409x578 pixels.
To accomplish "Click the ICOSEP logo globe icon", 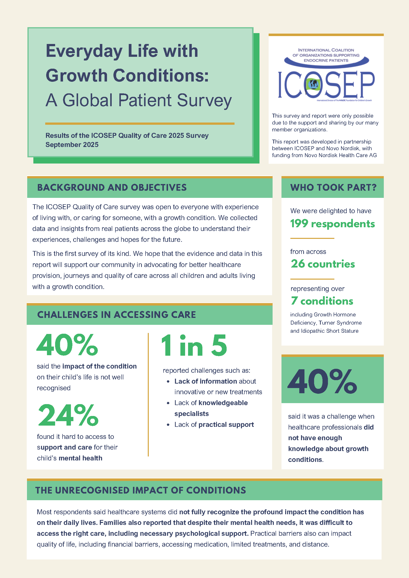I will (313, 84).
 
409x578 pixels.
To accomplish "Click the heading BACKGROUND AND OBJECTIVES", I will (112, 187).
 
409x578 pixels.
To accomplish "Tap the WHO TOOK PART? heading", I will (333, 187).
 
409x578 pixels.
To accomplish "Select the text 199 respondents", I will (332, 224).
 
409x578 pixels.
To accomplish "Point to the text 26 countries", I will (323, 264).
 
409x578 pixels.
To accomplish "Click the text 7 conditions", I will (322, 301).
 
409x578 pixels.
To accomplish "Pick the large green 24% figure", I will (68, 415).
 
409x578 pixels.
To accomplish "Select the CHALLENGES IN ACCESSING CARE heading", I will (116, 315).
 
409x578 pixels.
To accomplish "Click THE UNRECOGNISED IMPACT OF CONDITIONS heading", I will (141, 490).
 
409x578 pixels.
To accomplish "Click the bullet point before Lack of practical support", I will (168, 425).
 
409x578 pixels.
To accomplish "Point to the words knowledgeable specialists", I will (211, 408).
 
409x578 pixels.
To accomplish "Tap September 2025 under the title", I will (72, 145).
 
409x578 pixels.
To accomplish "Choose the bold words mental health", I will (80, 458).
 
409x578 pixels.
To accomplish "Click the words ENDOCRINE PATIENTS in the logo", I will (326, 61).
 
